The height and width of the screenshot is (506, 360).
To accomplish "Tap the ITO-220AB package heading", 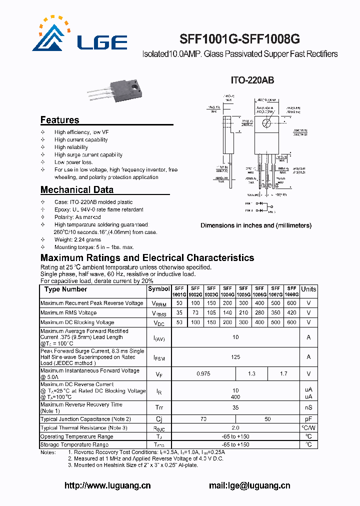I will pos(252,80).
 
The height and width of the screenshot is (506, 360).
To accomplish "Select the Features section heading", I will pos(59,120).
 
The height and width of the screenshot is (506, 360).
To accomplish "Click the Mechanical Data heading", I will pos(76,190).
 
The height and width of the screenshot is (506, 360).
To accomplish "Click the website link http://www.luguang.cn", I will pos(107,485).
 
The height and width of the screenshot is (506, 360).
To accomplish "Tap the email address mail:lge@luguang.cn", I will pos(249,485).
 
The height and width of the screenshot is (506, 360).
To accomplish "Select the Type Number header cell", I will pos(65,289).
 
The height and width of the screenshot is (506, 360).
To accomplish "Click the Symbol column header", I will pos(159,289).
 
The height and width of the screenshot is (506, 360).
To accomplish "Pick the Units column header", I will pos(308,289).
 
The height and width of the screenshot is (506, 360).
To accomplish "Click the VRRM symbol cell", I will pos(159,303).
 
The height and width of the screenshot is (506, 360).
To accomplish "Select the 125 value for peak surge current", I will pos(235,357).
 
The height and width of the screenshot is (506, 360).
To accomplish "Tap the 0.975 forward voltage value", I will pos(203,373).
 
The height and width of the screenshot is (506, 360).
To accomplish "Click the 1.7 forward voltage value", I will pos(283,373).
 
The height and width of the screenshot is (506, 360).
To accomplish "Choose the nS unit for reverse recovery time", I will pos(308,407).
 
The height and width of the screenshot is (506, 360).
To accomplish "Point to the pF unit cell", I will pos(308,419).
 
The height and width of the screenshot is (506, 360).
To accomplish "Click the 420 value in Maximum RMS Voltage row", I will pos(291,313).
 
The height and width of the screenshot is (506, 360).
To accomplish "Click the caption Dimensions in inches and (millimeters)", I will pos(256,225).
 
